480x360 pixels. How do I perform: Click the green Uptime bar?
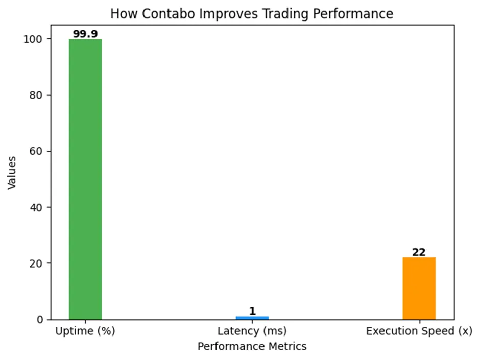coord(85,179)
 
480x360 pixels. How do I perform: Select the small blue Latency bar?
coord(252,318)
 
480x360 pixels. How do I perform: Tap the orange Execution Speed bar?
coord(419,289)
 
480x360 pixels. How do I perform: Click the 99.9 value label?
coord(85,34)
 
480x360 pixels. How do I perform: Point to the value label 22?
coord(419,252)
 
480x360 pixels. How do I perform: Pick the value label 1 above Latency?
coord(252,311)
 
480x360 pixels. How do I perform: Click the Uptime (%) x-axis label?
coord(85,331)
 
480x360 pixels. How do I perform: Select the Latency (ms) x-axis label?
coord(252,331)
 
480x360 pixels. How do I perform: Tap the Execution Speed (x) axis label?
coord(419,331)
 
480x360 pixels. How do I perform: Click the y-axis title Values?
coord(12,173)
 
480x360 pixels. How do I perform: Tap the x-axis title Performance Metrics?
coord(252,347)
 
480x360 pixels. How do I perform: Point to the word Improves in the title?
coord(220,14)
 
